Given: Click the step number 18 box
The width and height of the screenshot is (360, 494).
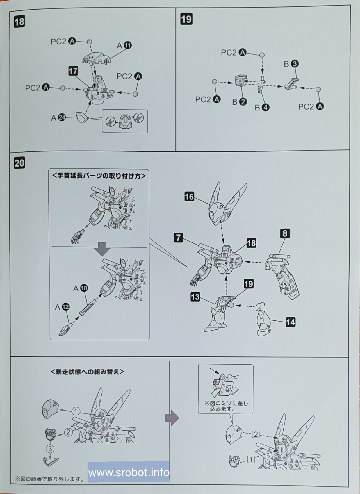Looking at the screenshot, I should tap(19, 22).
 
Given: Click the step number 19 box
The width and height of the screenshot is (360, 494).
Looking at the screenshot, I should tap(186, 19).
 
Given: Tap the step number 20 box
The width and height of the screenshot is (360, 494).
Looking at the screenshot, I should tap(19, 163).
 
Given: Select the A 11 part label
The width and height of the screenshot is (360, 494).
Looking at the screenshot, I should tap(124, 45).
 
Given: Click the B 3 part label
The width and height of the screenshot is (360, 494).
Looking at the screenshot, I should tap(291, 64).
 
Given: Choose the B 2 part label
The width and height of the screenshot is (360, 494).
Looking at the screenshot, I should tap(239, 102).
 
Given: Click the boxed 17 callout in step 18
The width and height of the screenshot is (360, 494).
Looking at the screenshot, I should tap(73, 71).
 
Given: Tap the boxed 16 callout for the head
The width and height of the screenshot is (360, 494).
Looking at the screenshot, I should tap(189, 197).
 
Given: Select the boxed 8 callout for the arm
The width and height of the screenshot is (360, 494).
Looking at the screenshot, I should tap(285, 233).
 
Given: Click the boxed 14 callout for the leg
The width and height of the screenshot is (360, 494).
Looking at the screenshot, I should tap(290, 322).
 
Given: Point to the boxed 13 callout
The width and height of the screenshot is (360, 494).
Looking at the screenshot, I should tap(195, 297).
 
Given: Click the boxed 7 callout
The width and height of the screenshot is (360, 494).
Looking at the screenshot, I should tap(178, 238).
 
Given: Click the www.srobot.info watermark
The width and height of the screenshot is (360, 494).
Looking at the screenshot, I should tap(129, 472).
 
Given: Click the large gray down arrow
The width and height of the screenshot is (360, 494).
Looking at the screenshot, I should tap(102, 249).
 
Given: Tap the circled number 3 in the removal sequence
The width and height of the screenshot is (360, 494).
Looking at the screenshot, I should tap(50, 448).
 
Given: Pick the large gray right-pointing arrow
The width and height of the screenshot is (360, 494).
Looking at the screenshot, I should tap(172, 418).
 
